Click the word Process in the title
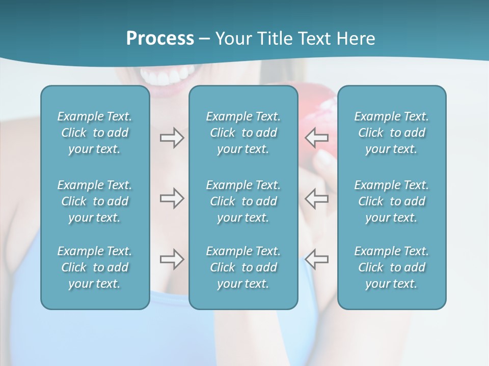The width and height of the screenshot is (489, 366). (160, 39)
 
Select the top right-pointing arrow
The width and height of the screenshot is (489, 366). (172, 138)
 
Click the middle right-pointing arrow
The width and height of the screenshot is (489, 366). (172, 198)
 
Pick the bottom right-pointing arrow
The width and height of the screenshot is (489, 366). (172, 259)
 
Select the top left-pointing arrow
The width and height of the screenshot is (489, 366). (317, 138)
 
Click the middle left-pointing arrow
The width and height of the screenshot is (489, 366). (317, 198)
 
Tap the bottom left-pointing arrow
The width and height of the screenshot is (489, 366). (317, 259)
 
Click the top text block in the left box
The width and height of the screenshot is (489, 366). (95, 133)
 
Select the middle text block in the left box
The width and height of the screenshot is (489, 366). (95, 201)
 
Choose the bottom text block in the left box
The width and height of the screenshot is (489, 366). (95, 267)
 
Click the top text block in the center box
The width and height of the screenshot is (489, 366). (243, 133)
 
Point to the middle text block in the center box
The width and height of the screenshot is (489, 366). (243, 201)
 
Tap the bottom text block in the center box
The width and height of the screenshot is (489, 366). (243, 267)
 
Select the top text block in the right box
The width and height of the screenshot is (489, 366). (392, 133)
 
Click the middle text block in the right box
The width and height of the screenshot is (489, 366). (392, 201)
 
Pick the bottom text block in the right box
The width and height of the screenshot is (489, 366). (392, 267)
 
